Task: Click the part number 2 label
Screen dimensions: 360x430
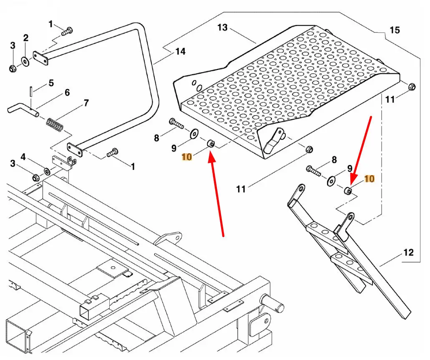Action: click(x=26, y=38)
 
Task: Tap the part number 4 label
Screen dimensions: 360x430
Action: click(x=23, y=157)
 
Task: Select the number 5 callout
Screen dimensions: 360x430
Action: click(x=51, y=83)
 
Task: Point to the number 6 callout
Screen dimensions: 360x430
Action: click(x=67, y=93)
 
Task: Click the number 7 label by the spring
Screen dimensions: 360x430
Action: click(x=86, y=102)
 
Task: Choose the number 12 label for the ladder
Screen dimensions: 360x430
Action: click(x=408, y=252)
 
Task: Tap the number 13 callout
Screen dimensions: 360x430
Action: click(x=223, y=27)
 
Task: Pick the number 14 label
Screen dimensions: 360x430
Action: click(x=180, y=52)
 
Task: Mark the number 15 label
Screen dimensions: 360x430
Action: click(x=395, y=30)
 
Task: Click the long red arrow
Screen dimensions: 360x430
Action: click(x=217, y=196)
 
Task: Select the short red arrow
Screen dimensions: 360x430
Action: click(x=361, y=146)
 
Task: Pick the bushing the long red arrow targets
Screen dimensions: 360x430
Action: click(x=211, y=144)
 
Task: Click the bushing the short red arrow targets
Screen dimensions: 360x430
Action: click(x=347, y=191)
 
